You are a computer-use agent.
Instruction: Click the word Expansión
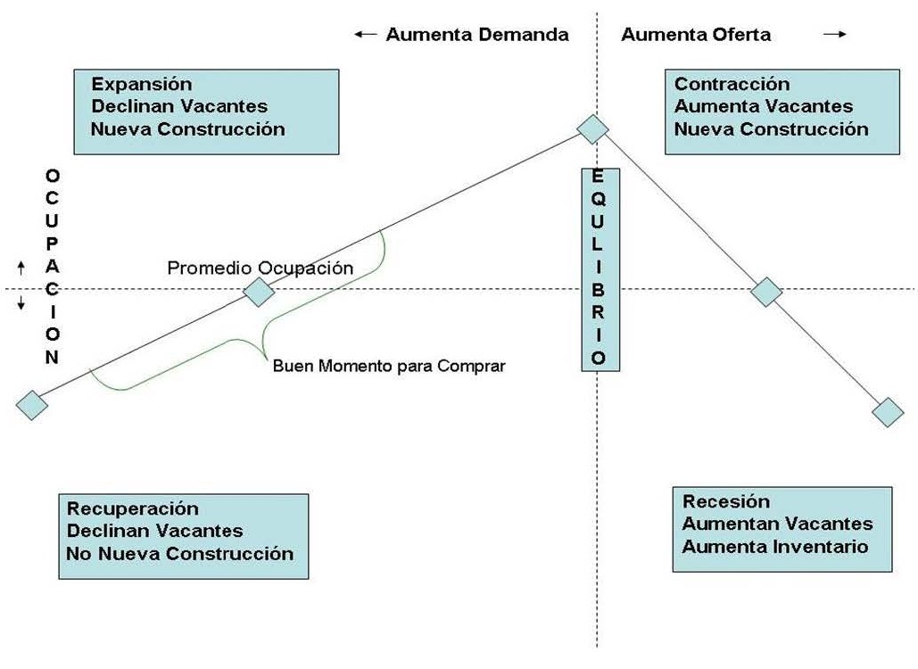tap(142, 84)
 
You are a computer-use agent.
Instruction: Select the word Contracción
tap(732, 84)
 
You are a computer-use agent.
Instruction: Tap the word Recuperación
tap(133, 508)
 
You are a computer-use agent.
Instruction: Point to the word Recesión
tap(726, 501)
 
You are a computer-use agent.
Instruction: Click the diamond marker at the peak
tap(592, 129)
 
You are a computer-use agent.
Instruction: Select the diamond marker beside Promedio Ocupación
tap(259, 292)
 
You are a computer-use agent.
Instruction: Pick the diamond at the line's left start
tap(31, 405)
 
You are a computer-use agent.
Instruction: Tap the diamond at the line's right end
tap(888, 412)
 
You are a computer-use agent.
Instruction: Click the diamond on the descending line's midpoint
tap(766, 292)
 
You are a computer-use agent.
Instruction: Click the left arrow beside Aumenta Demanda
tap(366, 35)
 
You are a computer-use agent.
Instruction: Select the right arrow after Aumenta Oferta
tap(835, 35)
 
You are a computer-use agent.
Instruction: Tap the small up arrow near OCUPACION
tap(21, 268)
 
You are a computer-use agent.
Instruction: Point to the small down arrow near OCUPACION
tap(21, 302)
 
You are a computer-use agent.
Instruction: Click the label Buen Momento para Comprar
tap(389, 367)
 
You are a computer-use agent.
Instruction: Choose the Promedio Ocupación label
tap(260, 268)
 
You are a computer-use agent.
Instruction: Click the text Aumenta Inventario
tap(775, 547)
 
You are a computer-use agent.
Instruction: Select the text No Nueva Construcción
tap(179, 554)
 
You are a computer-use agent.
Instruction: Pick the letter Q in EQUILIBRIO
tap(598, 199)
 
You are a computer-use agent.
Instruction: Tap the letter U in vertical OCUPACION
tap(52, 220)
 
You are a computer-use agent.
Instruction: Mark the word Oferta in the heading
tap(741, 35)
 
